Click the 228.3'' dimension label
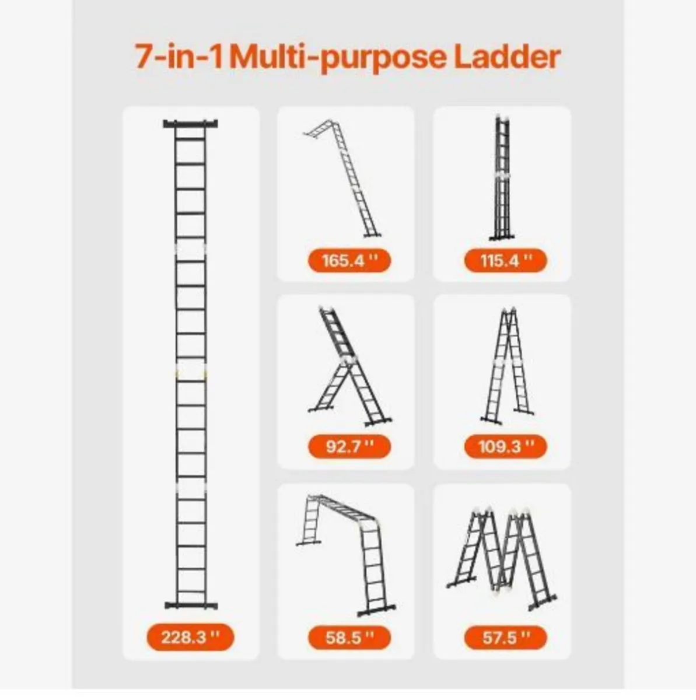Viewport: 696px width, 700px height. click(x=190, y=636)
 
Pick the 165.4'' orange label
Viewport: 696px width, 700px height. click(x=349, y=260)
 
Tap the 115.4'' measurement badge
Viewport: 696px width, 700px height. click(x=505, y=260)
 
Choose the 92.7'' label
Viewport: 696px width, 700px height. click(x=349, y=447)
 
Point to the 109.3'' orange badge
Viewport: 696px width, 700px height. click(x=505, y=447)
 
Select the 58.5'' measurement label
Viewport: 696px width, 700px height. click(x=349, y=638)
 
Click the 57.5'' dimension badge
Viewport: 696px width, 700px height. click(x=505, y=638)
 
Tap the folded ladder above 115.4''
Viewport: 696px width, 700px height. click(x=502, y=178)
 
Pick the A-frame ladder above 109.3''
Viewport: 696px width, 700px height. click(x=506, y=365)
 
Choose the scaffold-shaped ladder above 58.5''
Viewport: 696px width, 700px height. click(x=348, y=551)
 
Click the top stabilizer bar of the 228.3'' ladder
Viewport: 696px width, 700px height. click(x=190, y=124)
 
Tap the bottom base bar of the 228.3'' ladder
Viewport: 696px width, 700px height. click(x=190, y=605)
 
